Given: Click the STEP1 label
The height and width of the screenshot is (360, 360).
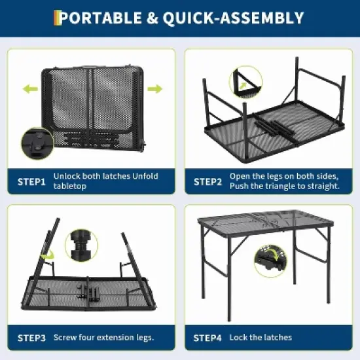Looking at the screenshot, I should (31, 181).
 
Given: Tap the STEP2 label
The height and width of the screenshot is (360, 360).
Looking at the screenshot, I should (208, 181).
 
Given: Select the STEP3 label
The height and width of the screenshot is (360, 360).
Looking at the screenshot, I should (31, 338).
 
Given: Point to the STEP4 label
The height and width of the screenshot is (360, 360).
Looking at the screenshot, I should (208, 338).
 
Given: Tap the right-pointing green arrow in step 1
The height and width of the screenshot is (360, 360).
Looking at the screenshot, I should (154, 89).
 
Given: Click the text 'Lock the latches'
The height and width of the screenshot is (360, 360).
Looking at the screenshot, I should (261, 338).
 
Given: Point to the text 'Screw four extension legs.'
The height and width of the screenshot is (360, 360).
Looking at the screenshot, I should (103, 338).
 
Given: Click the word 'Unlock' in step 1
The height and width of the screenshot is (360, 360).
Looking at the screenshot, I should (67, 177).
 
